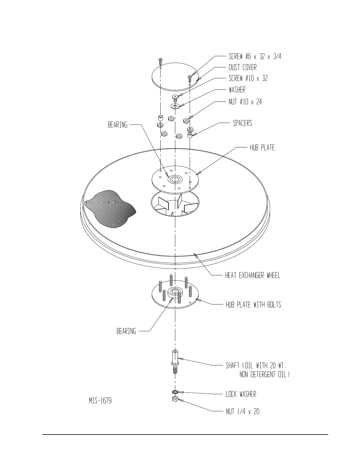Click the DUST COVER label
pyautogui.click(x=243, y=67)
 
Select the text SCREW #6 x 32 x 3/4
pyautogui.click(x=255, y=56)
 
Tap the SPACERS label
pyautogui.click(x=242, y=123)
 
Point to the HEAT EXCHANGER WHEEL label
pyautogui.click(x=253, y=275)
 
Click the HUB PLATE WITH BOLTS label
pyautogui.click(x=253, y=304)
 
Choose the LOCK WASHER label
pyautogui.click(x=241, y=394)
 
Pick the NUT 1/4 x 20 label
pyautogui.click(x=242, y=411)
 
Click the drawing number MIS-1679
pyautogui.click(x=100, y=401)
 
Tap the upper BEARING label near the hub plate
pyautogui.click(x=118, y=125)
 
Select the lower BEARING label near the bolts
pyautogui.click(x=126, y=331)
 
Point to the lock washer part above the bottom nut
pyautogui.click(x=175, y=392)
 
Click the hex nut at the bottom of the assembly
pyautogui.click(x=175, y=399)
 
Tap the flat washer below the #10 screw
pyautogui.click(x=175, y=106)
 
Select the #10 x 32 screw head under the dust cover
pyautogui.click(x=175, y=96)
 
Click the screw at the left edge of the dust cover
pyautogui.click(x=160, y=61)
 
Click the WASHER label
pyautogui.click(x=237, y=89)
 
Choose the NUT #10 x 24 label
pyautogui.click(x=245, y=102)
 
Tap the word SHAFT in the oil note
pyautogui.click(x=232, y=365)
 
